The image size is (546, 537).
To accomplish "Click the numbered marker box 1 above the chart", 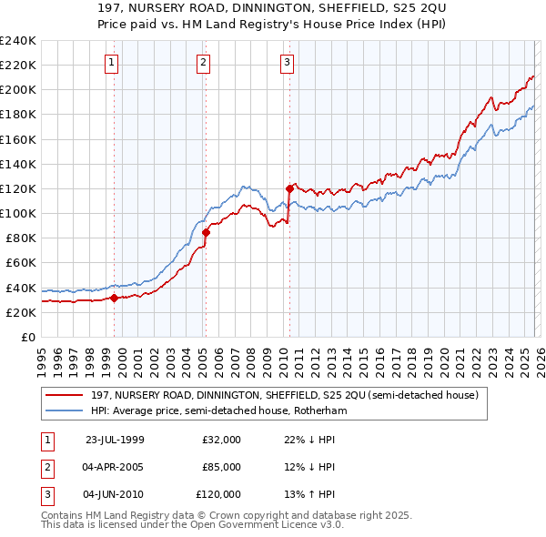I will coord(111,63).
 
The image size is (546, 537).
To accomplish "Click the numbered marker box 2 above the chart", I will coord(202,63).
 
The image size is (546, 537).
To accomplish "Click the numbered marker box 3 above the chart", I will coord(287,63).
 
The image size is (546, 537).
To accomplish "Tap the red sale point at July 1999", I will coord(114,298).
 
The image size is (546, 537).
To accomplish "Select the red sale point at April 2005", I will coord(206,232).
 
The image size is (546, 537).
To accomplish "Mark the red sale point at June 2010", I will coord(289,188).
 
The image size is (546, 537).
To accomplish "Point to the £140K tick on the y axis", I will coord(18,164).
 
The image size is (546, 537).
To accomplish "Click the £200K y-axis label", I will coord(18,89).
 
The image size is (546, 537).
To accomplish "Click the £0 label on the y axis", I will coord(27,337).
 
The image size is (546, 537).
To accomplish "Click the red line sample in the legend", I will coord(66,395).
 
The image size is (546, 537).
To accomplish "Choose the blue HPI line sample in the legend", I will coord(66,411).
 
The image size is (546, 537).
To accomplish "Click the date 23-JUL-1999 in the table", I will coord(115,440).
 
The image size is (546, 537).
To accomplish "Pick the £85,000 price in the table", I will coord(221,467).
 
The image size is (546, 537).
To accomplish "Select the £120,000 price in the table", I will coord(218,494).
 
